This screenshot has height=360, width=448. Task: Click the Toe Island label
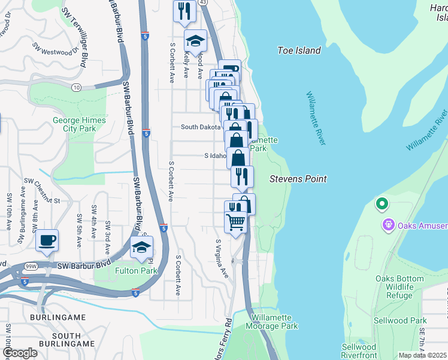coord(299,50)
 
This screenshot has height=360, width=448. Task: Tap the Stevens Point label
coord(298,179)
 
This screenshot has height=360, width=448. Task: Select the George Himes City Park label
coord(79,124)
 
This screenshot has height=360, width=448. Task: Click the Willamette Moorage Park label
coord(271,322)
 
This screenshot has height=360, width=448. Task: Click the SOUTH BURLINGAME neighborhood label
coord(66,340)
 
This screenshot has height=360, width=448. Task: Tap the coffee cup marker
coord(47,241)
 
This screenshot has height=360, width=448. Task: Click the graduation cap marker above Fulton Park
coord(141,247)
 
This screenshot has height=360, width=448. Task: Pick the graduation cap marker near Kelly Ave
coord(195,40)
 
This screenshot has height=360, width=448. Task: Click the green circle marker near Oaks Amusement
coord(382,205)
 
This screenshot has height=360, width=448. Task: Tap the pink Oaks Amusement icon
coord(388,226)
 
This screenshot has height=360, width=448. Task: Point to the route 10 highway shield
coord(77,88)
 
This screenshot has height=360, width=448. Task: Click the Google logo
coord(19,353)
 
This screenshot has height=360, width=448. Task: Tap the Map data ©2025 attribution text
coord(422,355)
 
